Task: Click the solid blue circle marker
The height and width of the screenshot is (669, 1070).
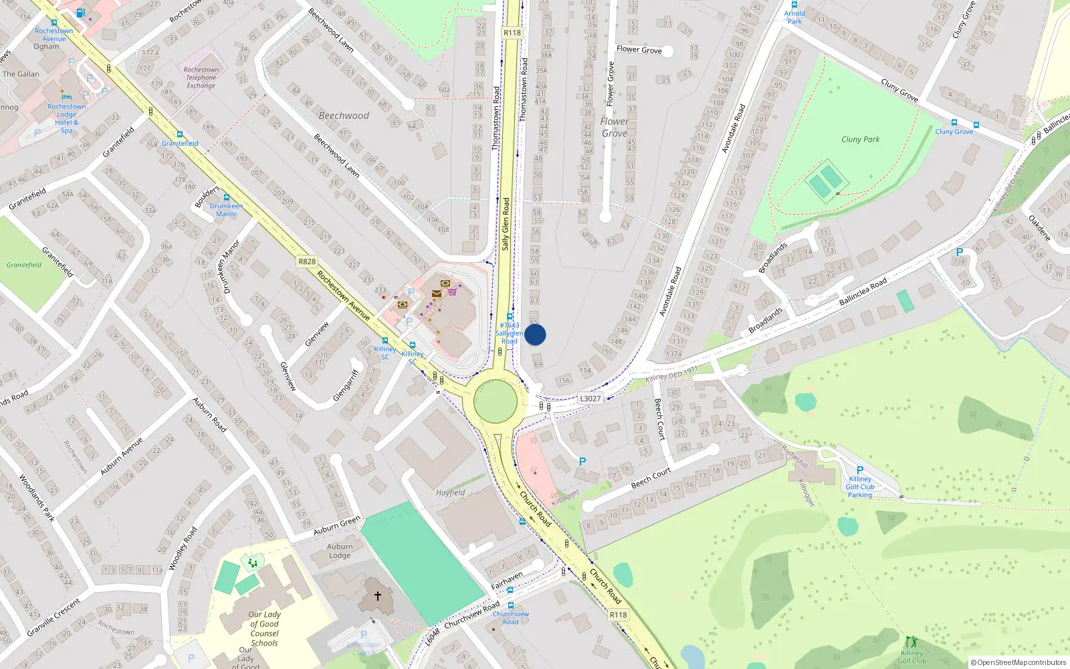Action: click(535, 334)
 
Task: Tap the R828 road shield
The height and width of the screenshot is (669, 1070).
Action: click(307, 262)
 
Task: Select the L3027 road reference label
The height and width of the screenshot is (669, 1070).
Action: click(590, 399)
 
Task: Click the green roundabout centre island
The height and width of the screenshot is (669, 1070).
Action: click(495, 401)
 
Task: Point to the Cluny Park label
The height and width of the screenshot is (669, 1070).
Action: click(860, 139)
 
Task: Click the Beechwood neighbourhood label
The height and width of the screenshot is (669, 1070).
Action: click(344, 116)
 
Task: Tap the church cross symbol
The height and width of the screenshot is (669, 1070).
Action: click(377, 595)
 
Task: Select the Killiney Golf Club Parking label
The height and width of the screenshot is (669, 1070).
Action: click(860, 487)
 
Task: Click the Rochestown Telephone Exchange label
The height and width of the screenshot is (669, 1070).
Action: click(201, 78)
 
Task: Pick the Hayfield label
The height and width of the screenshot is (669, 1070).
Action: click(450, 493)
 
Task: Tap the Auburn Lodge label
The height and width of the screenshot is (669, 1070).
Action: click(340, 551)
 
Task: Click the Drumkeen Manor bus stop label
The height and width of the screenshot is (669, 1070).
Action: click(226, 210)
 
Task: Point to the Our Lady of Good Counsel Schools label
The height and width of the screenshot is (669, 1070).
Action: click(264, 629)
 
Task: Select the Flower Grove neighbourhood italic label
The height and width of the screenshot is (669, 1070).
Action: click(614, 127)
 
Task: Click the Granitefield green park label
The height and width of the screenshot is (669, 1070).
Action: click(24, 265)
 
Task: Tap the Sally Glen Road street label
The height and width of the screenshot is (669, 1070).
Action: click(506, 223)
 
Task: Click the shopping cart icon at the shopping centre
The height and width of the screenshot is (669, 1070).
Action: click(453, 291)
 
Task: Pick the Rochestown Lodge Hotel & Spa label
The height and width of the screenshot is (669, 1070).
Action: click(66, 118)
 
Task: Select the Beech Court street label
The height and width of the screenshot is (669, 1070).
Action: click(651, 478)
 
